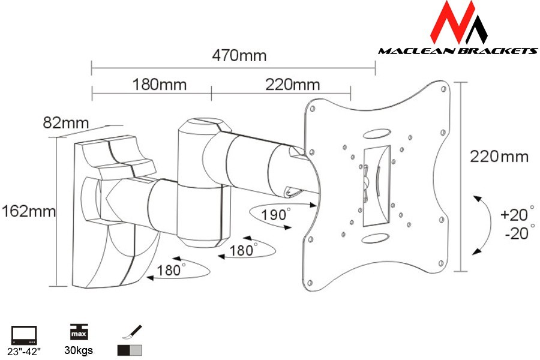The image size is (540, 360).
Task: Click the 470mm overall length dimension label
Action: (239, 55)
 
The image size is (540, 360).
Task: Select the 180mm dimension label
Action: (160, 85)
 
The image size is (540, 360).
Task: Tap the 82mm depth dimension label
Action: (66, 122)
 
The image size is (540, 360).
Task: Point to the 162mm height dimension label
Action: (29, 211)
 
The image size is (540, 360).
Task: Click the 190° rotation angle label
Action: (275, 214)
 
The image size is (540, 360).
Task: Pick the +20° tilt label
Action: (517, 214)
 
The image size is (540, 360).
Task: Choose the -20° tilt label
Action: (519, 233)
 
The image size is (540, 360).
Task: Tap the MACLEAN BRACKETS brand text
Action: (458, 51)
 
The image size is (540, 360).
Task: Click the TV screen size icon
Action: (24, 335)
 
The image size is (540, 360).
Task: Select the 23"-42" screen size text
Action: (24, 352)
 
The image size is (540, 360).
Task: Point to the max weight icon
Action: (79, 331)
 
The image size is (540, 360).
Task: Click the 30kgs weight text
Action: (79, 350)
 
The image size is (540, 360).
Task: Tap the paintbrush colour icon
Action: (132, 332)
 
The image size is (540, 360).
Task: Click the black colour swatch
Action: (124, 350)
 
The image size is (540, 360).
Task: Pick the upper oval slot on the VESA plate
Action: (376, 133)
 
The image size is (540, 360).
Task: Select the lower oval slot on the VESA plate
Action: (376, 238)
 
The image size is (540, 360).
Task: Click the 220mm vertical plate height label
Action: (499, 157)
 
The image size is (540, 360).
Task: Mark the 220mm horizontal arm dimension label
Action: (292, 85)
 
